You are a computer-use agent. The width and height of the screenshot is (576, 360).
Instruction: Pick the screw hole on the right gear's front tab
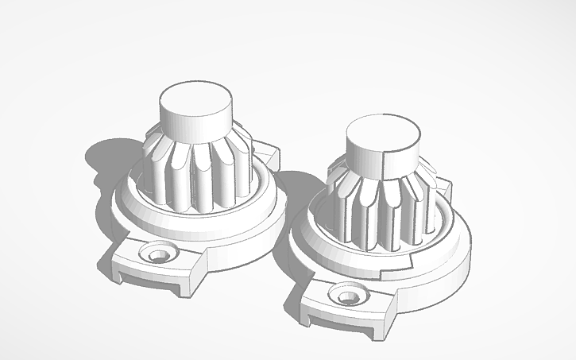point(347,297)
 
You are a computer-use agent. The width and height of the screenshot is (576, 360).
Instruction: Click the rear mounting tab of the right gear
point(443,185)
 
